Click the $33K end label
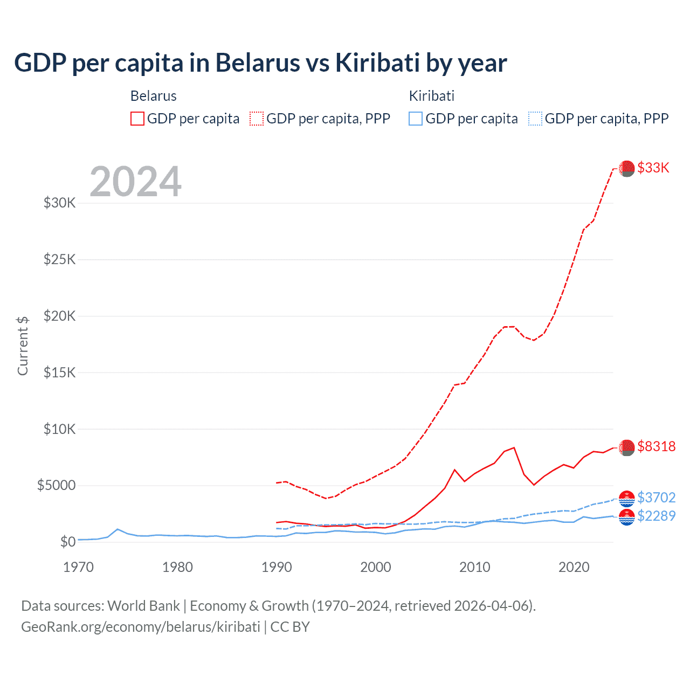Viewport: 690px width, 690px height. pyautogui.click(x=653, y=168)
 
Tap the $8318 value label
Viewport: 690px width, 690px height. pyautogui.click(x=656, y=446)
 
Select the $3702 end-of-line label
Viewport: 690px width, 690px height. pyautogui.click(x=656, y=497)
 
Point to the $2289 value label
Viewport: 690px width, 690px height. pyautogui.click(x=656, y=516)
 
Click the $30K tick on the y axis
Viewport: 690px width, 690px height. pyautogui.click(x=60, y=203)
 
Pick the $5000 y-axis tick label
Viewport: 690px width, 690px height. pyautogui.click(x=56, y=485)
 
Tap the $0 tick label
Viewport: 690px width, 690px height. pyautogui.click(x=67, y=542)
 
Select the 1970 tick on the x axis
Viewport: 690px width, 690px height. pyautogui.click(x=79, y=567)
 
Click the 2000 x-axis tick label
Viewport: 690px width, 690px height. pyautogui.click(x=376, y=567)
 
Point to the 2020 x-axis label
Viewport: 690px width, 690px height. pyautogui.click(x=574, y=567)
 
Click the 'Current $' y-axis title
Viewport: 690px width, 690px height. pyautogui.click(x=23, y=346)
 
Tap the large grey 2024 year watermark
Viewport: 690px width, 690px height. pyautogui.click(x=135, y=182)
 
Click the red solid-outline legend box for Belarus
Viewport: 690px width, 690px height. pyautogui.click(x=137, y=119)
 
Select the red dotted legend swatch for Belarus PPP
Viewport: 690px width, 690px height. pyautogui.click(x=257, y=119)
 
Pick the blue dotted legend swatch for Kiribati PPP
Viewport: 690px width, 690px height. pyautogui.click(x=535, y=119)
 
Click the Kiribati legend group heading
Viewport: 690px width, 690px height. pyautogui.click(x=431, y=96)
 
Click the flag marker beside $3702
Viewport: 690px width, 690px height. pyautogui.click(x=626, y=499)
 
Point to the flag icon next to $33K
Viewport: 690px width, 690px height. pyautogui.click(x=626, y=169)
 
